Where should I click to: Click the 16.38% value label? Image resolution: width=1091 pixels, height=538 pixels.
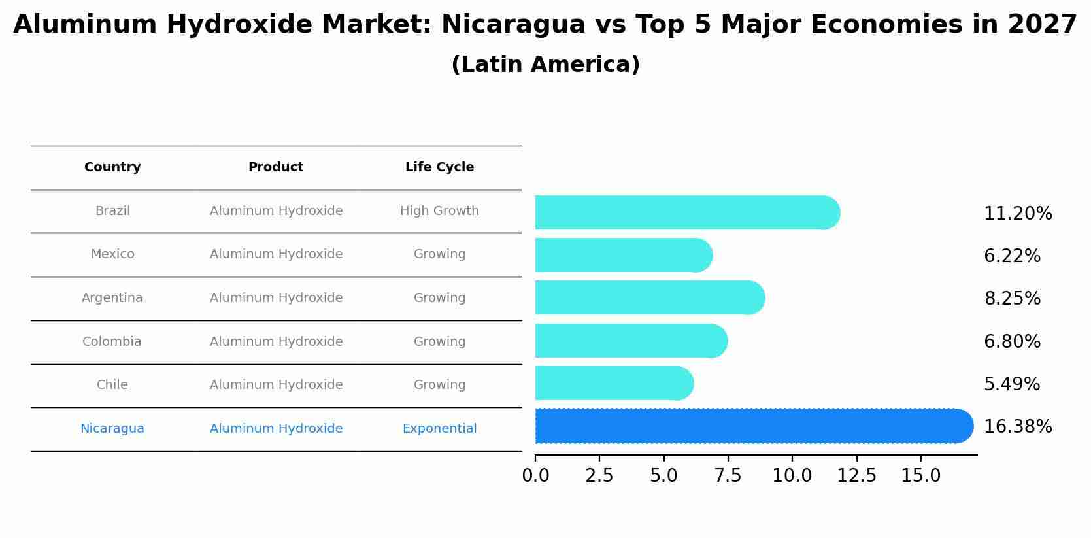pyautogui.click(x=1018, y=427)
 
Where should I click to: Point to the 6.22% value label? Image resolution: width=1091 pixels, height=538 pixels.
pyautogui.click(x=1012, y=256)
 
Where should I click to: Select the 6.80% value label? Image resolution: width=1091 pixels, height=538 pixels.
pyautogui.click(x=1012, y=342)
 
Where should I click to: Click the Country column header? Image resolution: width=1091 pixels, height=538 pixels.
pyautogui.click(x=112, y=167)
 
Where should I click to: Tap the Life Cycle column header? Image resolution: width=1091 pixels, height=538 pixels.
pyautogui.click(x=439, y=167)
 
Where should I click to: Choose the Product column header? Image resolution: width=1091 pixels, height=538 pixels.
pyautogui.click(x=276, y=167)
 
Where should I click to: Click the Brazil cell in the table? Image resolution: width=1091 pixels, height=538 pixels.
pyautogui.click(x=112, y=211)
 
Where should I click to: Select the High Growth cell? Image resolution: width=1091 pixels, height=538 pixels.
pyautogui.click(x=439, y=211)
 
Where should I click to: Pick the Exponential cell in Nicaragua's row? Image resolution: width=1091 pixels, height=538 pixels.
pyautogui.click(x=439, y=429)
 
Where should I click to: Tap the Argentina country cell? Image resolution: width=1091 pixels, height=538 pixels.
pyautogui.click(x=112, y=298)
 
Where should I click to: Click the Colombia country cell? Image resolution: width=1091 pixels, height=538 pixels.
pyautogui.click(x=112, y=342)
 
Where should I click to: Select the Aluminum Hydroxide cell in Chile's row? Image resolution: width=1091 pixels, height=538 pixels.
pyautogui.click(x=276, y=385)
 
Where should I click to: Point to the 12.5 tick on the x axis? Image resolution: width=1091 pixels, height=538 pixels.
pyautogui.click(x=856, y=476)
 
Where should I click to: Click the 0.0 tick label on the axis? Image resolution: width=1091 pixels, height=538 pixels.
pyautogui.click(x=535, y=476)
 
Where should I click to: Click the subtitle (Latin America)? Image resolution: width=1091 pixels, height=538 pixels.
pyautogui.click(x=545, y=65)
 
